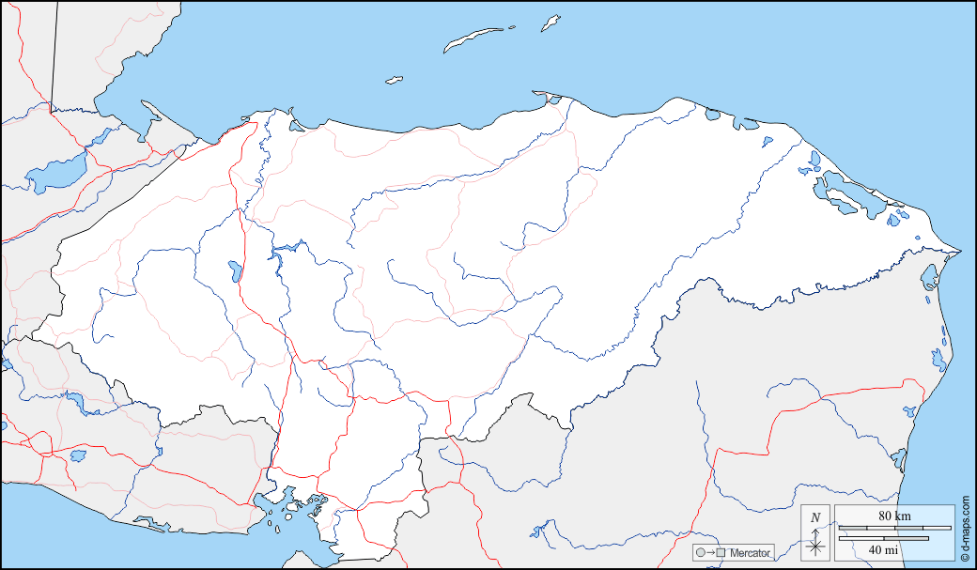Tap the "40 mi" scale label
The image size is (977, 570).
point(882,549)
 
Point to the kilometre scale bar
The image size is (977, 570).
point(893,529)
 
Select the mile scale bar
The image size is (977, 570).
point(882,538)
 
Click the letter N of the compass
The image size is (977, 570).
point(815,517)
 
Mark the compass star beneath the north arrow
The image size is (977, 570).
point(815,545)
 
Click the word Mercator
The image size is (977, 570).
point(750,553)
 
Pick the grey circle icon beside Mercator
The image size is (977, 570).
point(700,553)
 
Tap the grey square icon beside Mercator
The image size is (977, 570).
point(721,553)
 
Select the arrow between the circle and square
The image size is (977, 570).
point(710,553)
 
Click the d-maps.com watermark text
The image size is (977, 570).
point(965,526)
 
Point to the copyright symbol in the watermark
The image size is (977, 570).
point(965,557)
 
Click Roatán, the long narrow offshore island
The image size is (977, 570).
point(474,39)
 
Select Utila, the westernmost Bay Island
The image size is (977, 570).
point(394,80)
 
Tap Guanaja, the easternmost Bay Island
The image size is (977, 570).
point(551,22)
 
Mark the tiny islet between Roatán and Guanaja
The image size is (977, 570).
point(513,27)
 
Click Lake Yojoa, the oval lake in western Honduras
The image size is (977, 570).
point(232,272)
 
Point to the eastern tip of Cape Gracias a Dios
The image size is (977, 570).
point(960,252)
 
